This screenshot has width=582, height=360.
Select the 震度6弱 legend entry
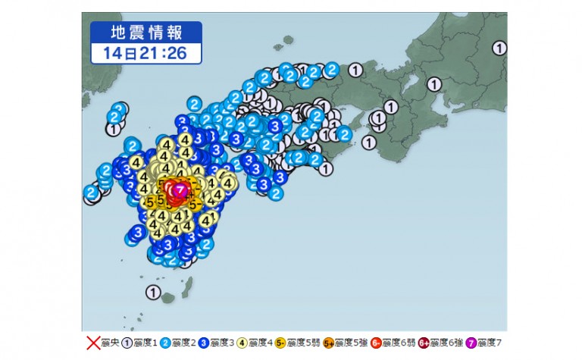coord(385,343)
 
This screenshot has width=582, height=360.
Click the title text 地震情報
coord(146,32)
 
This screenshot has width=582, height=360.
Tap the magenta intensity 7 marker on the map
coord(180,189)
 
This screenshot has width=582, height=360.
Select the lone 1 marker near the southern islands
coord(152,291)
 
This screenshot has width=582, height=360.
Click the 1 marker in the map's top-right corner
coord(499,49)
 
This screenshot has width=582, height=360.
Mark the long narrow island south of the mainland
coord(187,286)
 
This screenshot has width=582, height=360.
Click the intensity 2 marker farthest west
coord(91,193)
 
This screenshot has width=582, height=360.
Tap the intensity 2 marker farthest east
coord(343,135)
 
